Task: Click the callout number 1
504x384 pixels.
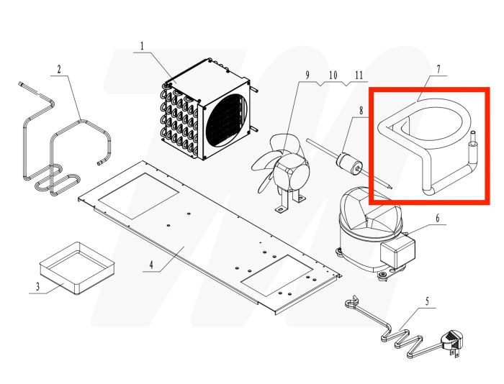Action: [x=142, y=46]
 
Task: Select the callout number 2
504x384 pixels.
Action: [x=59, y=70]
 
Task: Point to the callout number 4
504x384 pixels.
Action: [x=151, y=265]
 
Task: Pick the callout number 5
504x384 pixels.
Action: [x=427, y=301]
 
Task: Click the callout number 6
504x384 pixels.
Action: [x=438, y=219]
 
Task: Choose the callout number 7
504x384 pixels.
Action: [x=438, y=69]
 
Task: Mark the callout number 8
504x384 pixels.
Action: [x=361, y=111]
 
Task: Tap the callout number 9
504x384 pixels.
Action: [x=307, y=75]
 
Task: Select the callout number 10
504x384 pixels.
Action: [x=333, y=75]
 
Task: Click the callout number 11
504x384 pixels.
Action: [x=359, y=75]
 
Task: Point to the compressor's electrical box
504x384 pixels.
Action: [x=397, y=252]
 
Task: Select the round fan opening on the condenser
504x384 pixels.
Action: [x=228, y=120]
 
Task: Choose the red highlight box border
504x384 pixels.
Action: [x=429, y=145]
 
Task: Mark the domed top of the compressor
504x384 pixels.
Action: [x=370, y=209]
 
